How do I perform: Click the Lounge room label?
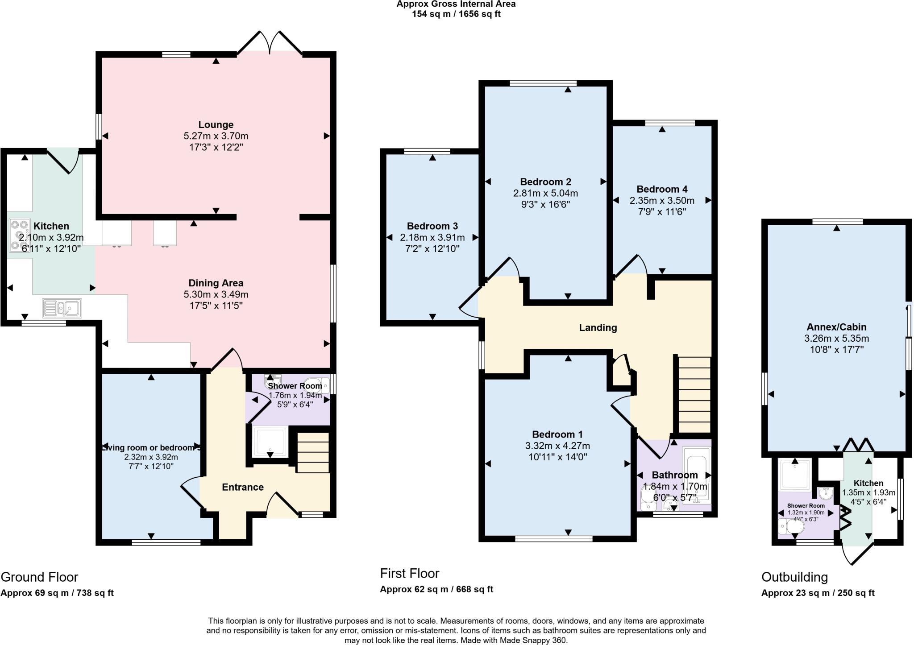tap(216, 124)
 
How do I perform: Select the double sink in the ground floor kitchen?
tap(62, 308)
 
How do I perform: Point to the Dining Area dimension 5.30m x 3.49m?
tap(216, 294)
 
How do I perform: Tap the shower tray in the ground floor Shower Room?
tap(270, 442)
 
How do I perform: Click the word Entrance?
tap(242, 487)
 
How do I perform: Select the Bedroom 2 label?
tap(545, 182)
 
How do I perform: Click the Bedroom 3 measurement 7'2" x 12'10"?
tap(432, 249)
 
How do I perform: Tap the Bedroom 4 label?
tap(662, 189)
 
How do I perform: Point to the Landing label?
tap(598, 327)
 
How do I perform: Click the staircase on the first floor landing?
tap(694, 394)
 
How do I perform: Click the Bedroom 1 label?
tap(557, 434)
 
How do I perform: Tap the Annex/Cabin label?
tap(836, 327)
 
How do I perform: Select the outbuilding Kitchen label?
tap(868, 483)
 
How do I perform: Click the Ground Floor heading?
tap(39, 577)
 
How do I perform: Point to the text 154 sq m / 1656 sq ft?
tap(456, 14)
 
